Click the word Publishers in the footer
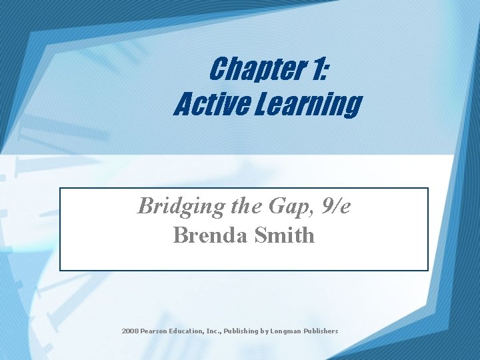coord(322,331)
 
